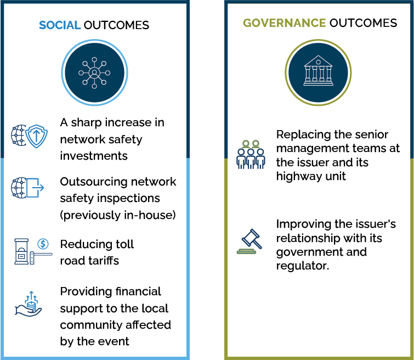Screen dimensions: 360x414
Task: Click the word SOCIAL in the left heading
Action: (60, 25)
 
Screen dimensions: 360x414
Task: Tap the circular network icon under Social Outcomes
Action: (94, 72)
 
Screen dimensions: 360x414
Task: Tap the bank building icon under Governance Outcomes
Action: (318, 72)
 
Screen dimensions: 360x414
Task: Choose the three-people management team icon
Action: (251, 155)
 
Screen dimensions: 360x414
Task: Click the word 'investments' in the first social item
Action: (86, 156)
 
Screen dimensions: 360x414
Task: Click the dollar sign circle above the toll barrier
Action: (43, 244)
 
